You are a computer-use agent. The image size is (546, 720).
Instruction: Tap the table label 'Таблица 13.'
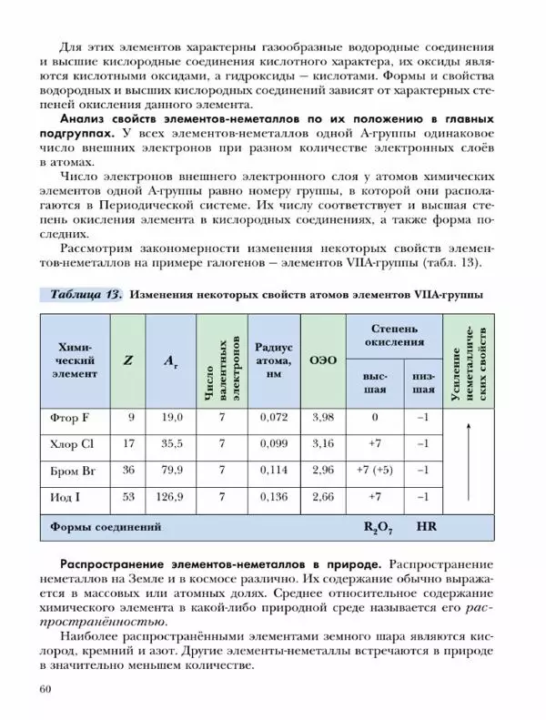[86, 295]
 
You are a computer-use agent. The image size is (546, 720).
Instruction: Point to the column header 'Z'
[128, 360]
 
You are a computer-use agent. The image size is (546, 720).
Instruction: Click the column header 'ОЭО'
[323, 360]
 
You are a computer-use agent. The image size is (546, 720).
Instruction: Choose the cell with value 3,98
[323, 418]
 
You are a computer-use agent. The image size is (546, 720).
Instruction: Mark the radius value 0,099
[273, 444]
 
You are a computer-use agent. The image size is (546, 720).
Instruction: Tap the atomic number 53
[128, 497]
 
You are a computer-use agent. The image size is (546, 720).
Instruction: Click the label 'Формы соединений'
[106, 527]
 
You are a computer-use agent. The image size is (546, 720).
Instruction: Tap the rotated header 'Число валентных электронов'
[222, 360]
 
